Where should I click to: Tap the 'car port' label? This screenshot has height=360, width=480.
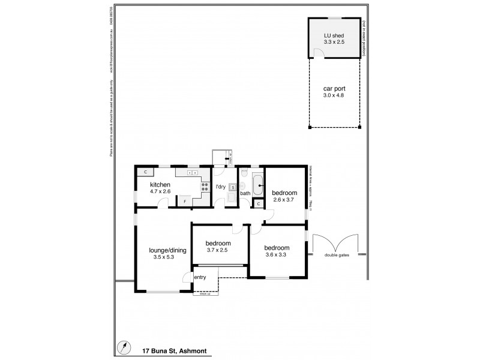(x=334, y=88)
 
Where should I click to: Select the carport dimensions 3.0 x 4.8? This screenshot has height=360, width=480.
(x=334, y=95)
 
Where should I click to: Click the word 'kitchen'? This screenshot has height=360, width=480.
(x=160, y=184)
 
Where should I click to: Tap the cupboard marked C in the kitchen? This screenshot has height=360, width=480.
(x=145, y=173)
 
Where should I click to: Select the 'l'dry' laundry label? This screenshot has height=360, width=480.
(x=220, y=187)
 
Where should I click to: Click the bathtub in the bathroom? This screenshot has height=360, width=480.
(x=257, y=185)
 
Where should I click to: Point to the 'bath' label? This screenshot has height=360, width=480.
(x=245, y=193)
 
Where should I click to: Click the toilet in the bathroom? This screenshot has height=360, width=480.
(x=244, y=174)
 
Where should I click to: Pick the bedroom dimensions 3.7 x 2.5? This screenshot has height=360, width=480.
(x=218, y=252)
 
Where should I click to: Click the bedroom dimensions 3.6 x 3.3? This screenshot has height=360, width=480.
(x=277, y=255)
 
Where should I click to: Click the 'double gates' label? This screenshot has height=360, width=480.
(x=337, y=255)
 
